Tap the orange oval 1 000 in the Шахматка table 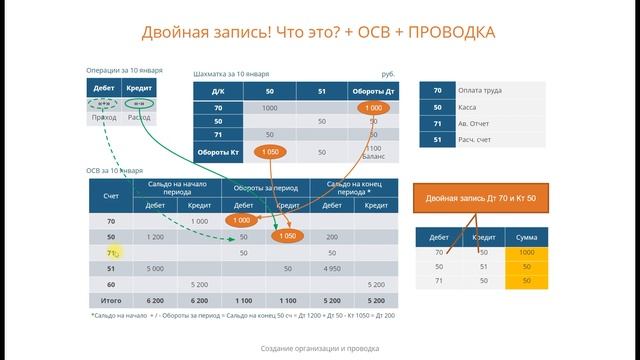tap(373, 107)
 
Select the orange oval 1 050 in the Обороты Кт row tap(269, 152)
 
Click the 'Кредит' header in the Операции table tap(139, 89)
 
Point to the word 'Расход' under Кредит tap(139, 118)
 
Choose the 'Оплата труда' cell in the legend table tap(484, 90)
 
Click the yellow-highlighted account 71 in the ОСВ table tap(112, 254)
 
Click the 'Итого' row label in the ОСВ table tap(111, 299)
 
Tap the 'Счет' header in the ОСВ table tap(111, 195)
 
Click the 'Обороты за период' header tap(266, 187)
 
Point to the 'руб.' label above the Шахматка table tap(388, 75)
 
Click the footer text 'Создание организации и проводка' tap(320, 347)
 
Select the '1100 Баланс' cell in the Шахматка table tap(373, 152)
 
